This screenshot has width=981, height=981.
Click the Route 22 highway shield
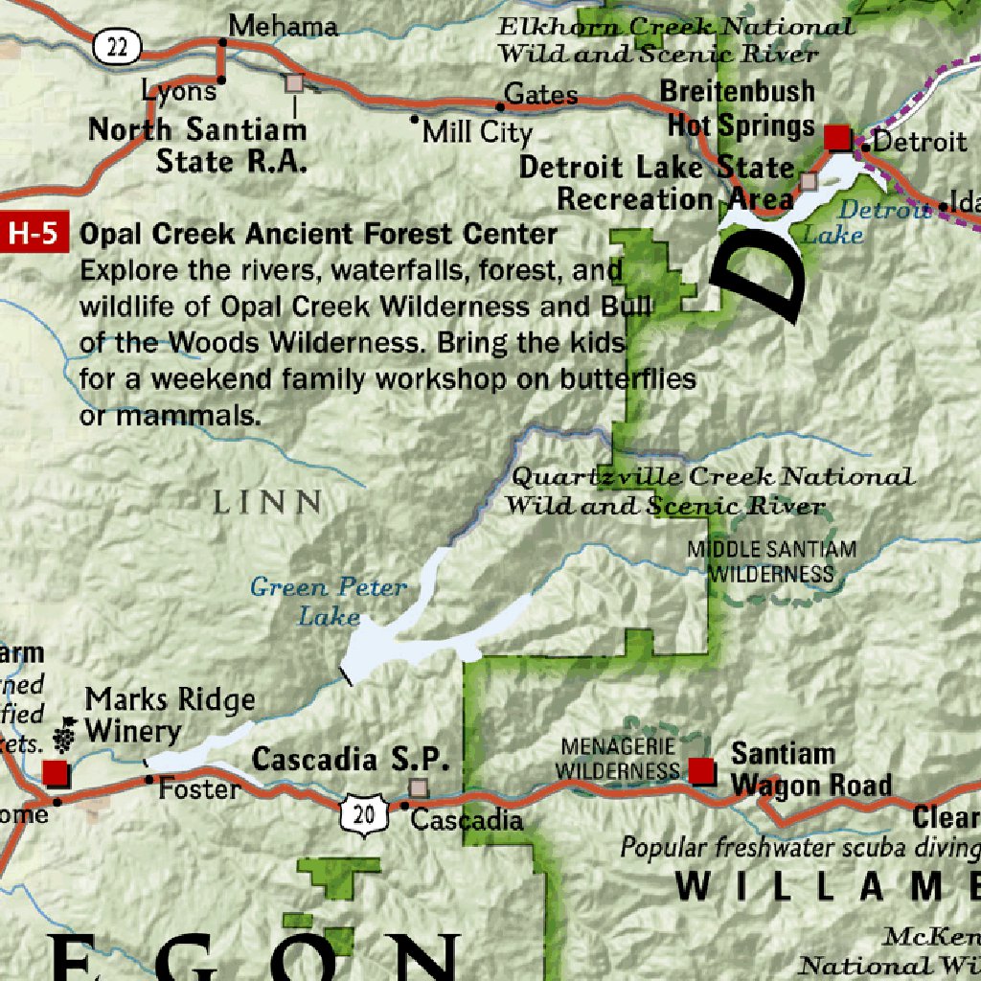(118, 46)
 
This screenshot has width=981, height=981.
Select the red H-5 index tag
(34, 234)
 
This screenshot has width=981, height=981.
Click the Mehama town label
(285, 26)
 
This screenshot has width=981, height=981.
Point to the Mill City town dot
(415, 120)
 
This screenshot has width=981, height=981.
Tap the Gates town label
(541, 94)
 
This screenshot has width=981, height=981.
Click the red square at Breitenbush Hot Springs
(837, 138)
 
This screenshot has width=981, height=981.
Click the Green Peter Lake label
(329, 601)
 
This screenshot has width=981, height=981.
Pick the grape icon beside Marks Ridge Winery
(66, 733)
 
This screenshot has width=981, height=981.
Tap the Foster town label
(199, 789)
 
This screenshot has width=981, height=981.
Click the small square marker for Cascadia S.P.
(418, 787)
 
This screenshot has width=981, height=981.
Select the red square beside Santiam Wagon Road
(702, 769)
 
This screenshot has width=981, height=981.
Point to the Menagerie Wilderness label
(620, 759)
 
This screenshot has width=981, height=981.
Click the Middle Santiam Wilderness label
(771, 561)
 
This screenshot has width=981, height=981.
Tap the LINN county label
(267, 502)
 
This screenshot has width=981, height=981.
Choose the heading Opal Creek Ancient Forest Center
(318, 234)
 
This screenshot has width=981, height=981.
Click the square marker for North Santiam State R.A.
(294, 83)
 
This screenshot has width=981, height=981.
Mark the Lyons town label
(179, 91)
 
